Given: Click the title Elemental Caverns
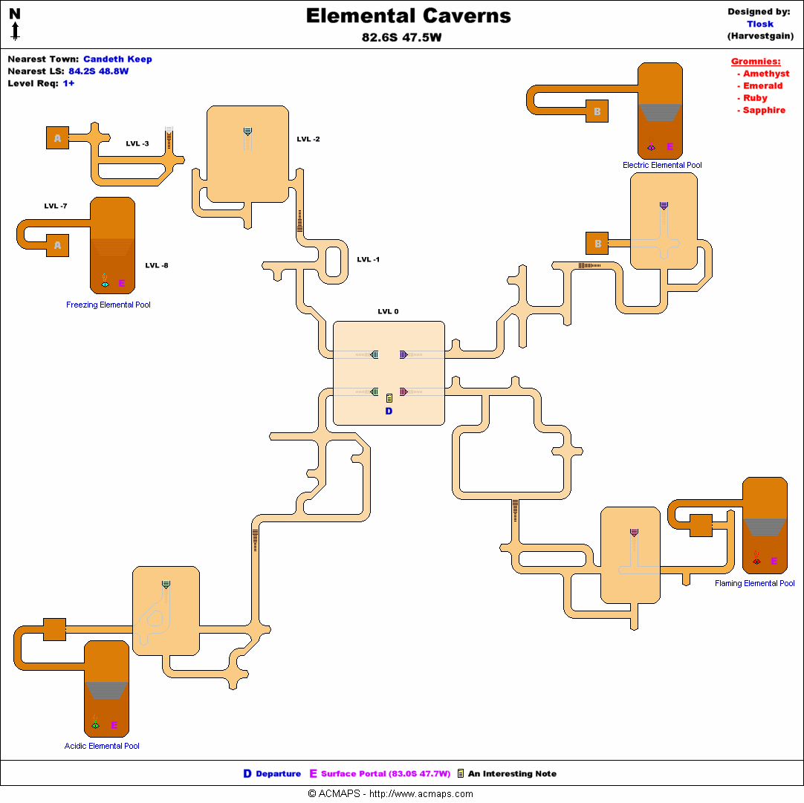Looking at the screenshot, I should click(409, 16).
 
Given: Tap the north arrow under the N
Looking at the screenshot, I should click(15, 30).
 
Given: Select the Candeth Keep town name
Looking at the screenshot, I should click(117, 59).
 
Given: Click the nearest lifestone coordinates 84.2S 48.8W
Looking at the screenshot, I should click(98, 71).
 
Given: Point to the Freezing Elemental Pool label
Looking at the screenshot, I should click(108, 305).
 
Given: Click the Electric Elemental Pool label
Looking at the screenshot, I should click(662, 165).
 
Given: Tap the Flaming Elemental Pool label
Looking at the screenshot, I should click(754, 583).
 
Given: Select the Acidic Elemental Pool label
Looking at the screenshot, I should click(102, 746).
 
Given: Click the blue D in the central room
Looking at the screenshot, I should click(389, 412).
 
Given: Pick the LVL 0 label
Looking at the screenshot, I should click(388, 311).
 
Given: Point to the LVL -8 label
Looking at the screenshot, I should click(157, 265).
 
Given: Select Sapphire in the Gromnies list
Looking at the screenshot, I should click(764, 110).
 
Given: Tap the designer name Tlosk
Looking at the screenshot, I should click(760, 24).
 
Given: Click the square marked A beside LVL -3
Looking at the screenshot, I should click(57, 137).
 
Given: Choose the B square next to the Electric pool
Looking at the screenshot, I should click(597, 111).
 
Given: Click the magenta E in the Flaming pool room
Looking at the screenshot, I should click(774, 562).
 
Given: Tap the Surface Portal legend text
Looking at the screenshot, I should click(385, 774).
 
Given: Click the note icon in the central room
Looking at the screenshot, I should click(389, 398).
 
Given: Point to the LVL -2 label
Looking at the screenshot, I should click(308, 139).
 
